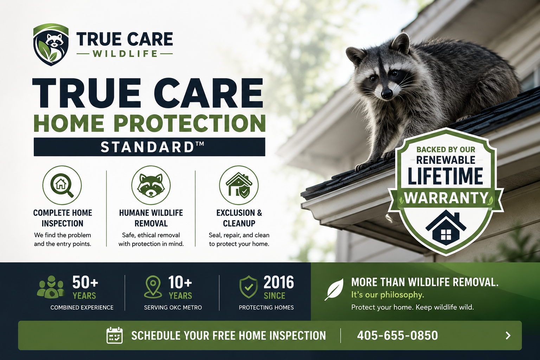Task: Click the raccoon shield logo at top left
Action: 51,45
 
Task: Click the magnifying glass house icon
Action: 62,185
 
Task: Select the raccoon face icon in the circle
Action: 151,185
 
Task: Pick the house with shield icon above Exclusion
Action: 239,185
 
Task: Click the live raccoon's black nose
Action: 387,93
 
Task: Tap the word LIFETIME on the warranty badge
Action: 445,176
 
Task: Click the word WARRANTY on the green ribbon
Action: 446,198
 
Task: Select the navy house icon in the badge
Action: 446,227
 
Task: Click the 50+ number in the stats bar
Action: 85,282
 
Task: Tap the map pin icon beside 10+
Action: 153,287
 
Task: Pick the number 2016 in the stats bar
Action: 279,282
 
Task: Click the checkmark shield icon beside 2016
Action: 249,287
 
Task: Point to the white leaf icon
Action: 334,289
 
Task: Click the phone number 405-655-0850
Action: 398,335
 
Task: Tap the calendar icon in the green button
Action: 115,335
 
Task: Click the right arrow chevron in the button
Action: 508,335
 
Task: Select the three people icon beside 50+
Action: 51,287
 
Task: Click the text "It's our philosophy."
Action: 388,295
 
